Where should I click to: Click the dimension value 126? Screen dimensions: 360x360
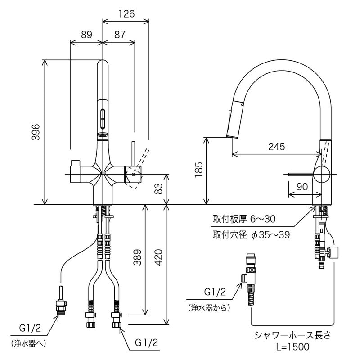pyautogui.click(x=126, y=13)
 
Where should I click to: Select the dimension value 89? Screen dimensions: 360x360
pyautogui.click(x=87, y=34)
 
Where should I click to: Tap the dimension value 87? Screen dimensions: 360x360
pyautogui.click(x=120, y=34)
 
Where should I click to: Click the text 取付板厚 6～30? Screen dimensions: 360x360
pyautogui.click(x=243, y=219)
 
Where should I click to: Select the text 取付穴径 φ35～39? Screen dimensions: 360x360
pyautogui.click(x=251, y=234)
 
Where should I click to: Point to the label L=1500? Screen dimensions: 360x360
pyautogui.click(x=293, y=346)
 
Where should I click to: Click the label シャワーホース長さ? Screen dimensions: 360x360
pyautogui.click(x=293, y=335)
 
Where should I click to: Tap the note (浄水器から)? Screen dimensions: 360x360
pyautogui.click(x=209, y=308)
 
